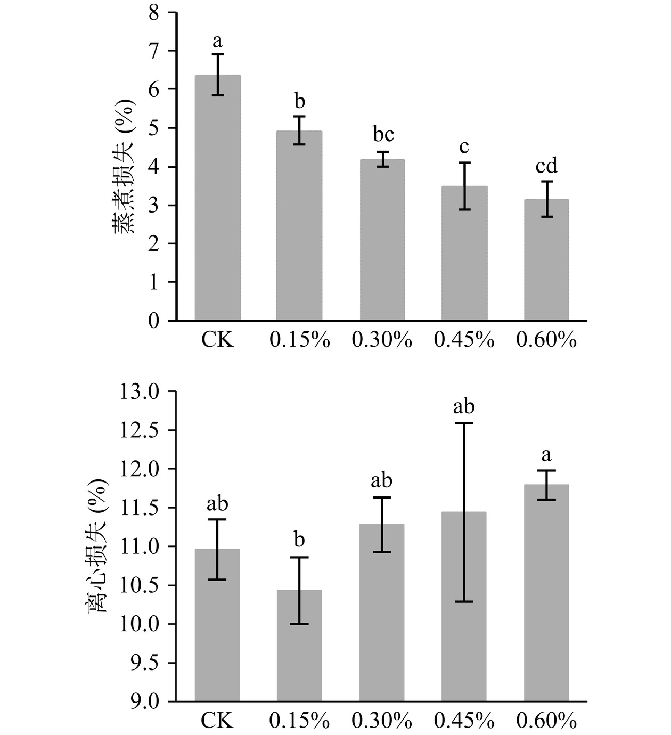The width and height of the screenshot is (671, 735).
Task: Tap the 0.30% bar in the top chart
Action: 382,240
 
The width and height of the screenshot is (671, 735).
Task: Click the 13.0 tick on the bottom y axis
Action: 140,392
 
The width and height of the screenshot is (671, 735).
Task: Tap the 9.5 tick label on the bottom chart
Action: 140,663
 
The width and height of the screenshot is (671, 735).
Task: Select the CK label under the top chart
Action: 217,340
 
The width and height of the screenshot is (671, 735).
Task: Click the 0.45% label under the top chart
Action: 464,340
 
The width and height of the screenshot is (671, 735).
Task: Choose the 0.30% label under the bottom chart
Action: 382,721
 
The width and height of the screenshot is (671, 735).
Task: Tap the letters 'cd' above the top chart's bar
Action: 546,166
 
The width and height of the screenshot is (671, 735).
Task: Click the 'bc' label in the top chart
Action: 383,134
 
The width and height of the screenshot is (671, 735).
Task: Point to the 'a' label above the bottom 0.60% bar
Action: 546,455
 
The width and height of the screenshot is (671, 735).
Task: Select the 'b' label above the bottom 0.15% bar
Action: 299,540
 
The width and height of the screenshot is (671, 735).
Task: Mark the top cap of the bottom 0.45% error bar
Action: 464,423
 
